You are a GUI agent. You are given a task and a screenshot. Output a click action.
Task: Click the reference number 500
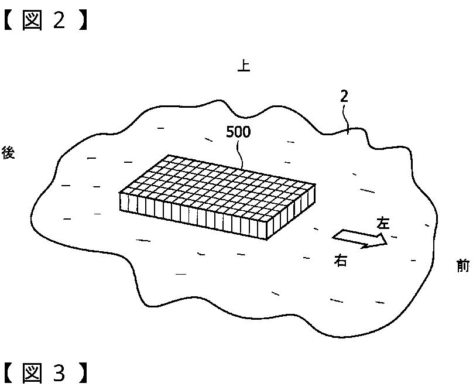238,132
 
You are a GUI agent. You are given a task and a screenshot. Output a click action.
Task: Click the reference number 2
344,97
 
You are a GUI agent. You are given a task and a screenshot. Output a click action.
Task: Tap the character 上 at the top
244,66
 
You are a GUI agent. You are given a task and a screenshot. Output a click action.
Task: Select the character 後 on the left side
8,153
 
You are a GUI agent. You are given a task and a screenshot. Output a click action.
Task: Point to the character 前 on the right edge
463,266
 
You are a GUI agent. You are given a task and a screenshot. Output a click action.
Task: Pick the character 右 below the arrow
341,261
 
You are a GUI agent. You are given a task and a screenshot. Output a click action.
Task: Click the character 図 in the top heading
33,20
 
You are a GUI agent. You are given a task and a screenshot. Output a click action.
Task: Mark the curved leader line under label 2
347,120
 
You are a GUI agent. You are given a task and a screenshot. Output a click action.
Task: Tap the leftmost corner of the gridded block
119,193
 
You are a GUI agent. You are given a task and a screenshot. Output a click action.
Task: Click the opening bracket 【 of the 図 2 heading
8,20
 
